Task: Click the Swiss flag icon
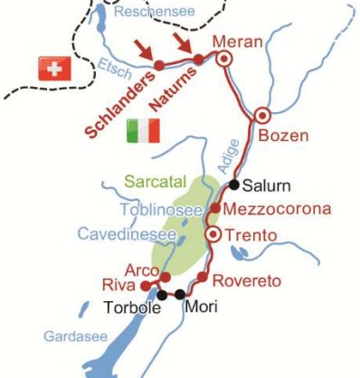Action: (x=54, y=68)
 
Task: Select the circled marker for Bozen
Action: (x=262, y=115)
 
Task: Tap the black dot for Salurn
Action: (x=233, y=185)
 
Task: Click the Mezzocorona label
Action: (x=277, y=210)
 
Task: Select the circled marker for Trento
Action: (x=213, y=234)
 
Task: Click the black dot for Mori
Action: (x=181, y=294)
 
